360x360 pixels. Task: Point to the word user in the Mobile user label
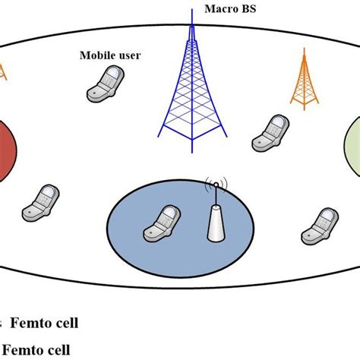click(x=125, y=55)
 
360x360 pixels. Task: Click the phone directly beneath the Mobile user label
click(x=104, y=84)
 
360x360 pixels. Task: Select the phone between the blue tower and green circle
click(x=272, y=132)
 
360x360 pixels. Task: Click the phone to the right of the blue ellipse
click(x=318, y=225)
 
